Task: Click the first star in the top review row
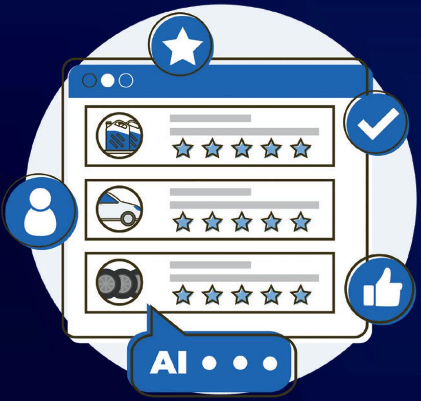pyautogui.click(x=182, y=149)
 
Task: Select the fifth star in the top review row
pyautogui.click(x=300, y=149)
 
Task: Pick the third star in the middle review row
pyautogui.click(x=242, y=222)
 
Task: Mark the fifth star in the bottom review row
pyautogui.click(x=300, y=295)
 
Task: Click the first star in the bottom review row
pyautogui.click(x=182, y=295)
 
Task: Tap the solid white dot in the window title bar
pyautogui.click(x=107, y=81)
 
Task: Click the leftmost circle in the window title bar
pyautogui.click(x=89, y=81)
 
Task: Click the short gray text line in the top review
pyautogui.click(x=210, y=119)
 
